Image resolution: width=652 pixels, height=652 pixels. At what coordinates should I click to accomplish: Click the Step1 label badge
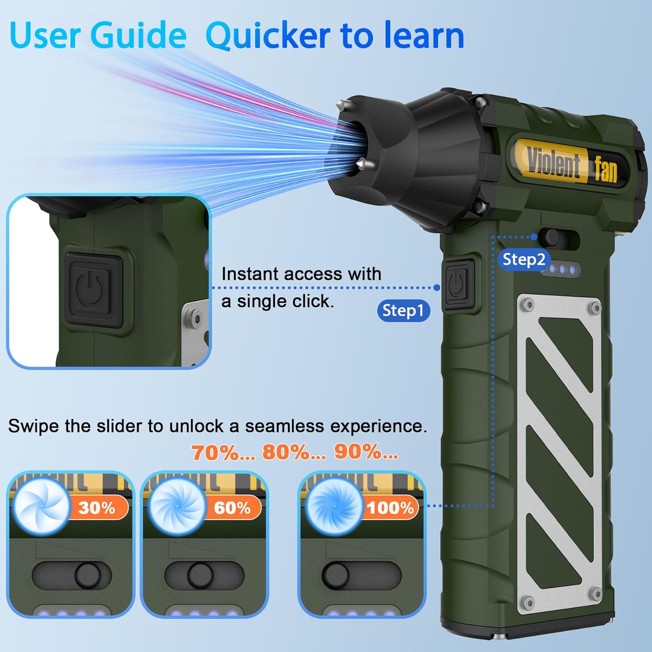(x=404, y=311)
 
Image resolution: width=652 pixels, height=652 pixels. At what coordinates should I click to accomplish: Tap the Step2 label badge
(x=524, y=259)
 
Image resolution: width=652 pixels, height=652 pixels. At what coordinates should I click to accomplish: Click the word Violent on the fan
(x=553, y=163)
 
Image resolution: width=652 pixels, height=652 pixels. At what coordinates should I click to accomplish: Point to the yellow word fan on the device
(x=606, y=169)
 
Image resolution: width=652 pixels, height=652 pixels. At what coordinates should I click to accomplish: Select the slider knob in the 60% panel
(x=200, y=575)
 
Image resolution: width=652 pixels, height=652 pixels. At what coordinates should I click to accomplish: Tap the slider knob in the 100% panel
(x=336, y=575)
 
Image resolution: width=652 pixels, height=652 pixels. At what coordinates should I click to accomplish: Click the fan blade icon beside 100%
(x=334, y=506)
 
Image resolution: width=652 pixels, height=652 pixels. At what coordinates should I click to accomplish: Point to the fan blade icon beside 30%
(x=41, y=506)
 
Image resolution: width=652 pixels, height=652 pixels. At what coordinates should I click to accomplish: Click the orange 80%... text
(x=294, y=452)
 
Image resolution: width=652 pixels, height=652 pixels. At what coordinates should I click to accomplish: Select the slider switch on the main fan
(x=559, y=238)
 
